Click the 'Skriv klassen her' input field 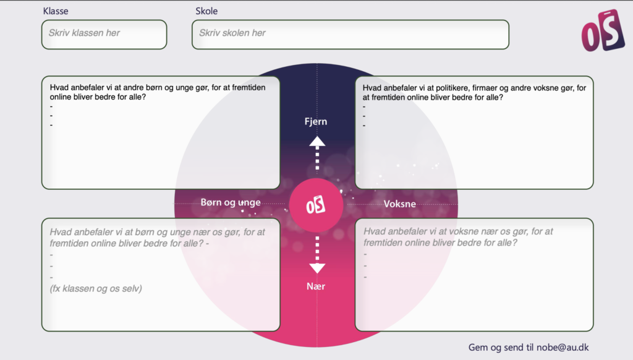104,35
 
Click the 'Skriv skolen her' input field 350,35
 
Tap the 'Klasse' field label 56,11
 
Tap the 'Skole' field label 206,11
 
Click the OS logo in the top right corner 603,31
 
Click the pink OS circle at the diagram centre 316,205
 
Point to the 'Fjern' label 316,121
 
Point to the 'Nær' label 316,286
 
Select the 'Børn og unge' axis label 231,202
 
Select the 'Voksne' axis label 400,204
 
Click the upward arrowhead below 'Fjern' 317,142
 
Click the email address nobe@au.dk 563,348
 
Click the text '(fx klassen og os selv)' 96,288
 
